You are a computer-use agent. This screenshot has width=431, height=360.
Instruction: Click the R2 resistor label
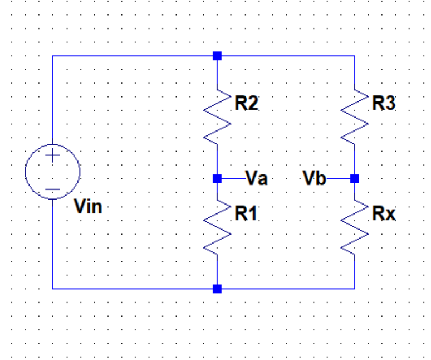[x=246, y=104]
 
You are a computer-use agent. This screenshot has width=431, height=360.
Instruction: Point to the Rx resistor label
[x=384, y=213]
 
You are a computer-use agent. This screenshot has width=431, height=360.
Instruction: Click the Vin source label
[x=88, y=208]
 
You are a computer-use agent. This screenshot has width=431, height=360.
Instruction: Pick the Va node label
[x=257, y=178]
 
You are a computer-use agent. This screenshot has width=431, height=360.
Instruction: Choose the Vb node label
[x=315, y=178]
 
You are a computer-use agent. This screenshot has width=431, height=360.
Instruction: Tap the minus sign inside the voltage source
[x=52, y=189]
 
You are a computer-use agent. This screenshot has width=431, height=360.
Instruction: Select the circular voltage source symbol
[x=52, y=172]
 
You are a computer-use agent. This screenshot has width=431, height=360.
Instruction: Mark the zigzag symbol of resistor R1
[x=218, y=226]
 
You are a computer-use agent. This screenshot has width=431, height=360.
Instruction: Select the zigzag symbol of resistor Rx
[x=354, y=226]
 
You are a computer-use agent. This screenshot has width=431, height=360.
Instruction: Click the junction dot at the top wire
[x=217, y=56]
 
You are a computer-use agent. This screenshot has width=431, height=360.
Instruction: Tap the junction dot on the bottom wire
[x=217, y=289]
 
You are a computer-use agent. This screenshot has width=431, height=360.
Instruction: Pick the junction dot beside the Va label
[x=217, y=179]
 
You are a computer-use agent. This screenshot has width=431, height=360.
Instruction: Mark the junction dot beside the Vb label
[x=354, y=179]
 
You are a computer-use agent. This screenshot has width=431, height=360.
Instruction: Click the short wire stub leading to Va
[x=233, y=179]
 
